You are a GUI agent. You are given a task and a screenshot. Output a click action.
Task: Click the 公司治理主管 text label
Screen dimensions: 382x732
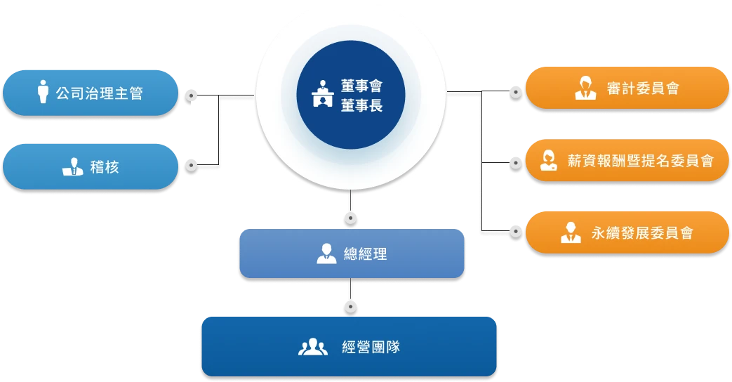coord(99,93)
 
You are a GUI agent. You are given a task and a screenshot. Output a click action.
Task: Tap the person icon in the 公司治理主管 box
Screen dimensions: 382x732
coord(43,92)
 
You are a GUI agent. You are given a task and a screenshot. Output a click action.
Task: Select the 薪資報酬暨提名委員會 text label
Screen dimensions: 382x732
coord(640,161)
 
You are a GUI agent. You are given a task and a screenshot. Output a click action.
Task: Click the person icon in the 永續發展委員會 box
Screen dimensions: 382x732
coord(571,232)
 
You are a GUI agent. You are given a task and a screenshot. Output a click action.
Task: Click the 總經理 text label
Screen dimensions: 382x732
coord(361,253)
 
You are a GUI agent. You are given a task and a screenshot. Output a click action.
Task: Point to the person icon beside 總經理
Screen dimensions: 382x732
coord(326,253)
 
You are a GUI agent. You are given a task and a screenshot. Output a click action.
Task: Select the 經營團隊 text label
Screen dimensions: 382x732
coord(371,346)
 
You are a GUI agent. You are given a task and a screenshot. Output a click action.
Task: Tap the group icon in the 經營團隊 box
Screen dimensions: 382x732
coord(313,346)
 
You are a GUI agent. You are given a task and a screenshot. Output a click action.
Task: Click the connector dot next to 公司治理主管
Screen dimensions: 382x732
coord(190,93)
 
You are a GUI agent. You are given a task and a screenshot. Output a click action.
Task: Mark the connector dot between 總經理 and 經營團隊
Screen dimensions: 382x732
coord(350,306)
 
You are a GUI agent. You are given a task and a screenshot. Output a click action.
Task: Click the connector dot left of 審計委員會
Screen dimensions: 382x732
coord(516,92)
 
